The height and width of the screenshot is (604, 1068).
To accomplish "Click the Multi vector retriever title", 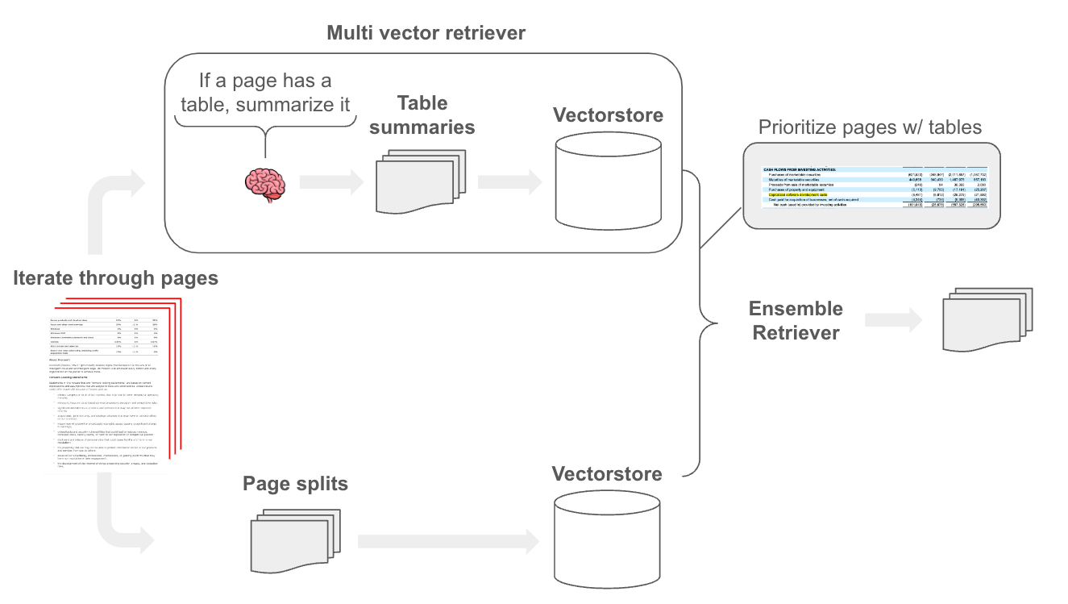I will pyautogui.click(x=426, y=33).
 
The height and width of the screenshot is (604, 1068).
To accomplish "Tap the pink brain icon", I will pyautogui.click(x=265, y=184).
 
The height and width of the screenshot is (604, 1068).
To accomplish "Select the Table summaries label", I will pyautogui.click(x=422, y=115).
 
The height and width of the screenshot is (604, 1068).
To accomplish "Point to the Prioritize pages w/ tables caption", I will pyautogui.click(x=871, y=127).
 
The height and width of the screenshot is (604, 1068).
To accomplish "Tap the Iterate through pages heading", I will pyautogui.click(x=115, y=278).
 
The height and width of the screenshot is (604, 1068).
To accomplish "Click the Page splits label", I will pyautogui.click(x=295, y=483).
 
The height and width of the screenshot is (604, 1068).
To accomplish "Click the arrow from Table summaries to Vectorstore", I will pyautogui.click(x=508, y=182).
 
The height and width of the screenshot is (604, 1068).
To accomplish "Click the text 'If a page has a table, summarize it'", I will pyautogui.click(x=265, y=93).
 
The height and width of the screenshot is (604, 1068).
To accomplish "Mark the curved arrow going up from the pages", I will pyautogui.click(x=109, y=210).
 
